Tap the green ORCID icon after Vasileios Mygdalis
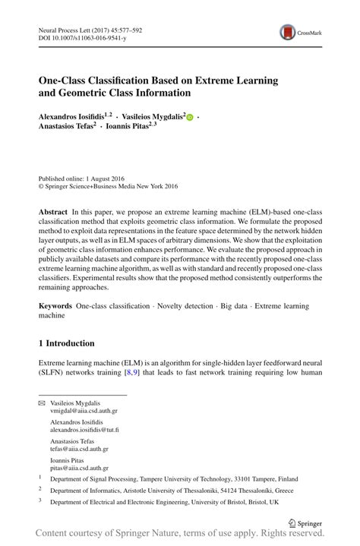[190, 118]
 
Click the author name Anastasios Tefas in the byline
[66, 128]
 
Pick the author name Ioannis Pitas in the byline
[129, 128]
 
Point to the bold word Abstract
[53, 209]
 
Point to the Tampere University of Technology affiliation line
[174, 479]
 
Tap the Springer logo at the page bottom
[305, 522]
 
